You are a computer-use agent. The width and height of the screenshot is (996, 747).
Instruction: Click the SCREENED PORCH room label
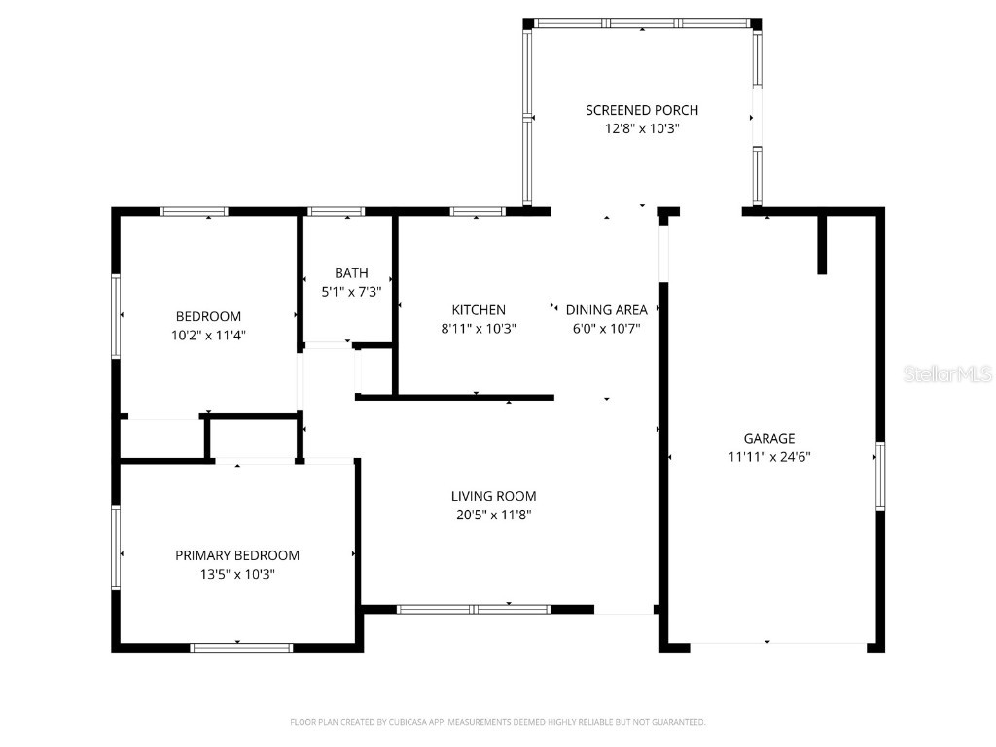click(641, 110)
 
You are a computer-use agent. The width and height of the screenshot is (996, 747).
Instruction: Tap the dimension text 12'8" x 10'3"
click(641, 128)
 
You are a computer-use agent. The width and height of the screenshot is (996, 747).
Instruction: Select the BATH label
click(351, 273)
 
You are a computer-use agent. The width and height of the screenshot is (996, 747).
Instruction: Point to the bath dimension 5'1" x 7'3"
click(351, 291)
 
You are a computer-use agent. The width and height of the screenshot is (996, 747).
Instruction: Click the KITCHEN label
click(478, 310)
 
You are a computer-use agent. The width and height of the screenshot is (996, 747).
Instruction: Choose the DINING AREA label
click(606, 310)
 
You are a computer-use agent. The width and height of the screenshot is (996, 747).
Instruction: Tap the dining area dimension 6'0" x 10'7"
click(606, 329)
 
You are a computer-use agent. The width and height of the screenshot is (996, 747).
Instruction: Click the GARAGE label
click(769, 438)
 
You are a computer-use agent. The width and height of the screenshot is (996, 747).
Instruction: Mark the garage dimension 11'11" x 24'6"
click(769, 456)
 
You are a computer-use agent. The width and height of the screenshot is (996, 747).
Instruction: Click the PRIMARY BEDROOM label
click(237, 555)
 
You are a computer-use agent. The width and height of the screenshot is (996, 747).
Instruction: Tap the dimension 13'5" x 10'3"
click(237, 574)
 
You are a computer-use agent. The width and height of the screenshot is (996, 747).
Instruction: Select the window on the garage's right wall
click(880, 476)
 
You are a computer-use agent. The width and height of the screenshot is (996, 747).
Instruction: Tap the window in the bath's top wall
click(337, 211)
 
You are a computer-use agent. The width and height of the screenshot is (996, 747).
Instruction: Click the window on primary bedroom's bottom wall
click(241, 647)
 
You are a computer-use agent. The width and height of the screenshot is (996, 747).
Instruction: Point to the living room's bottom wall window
click(474, 610)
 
